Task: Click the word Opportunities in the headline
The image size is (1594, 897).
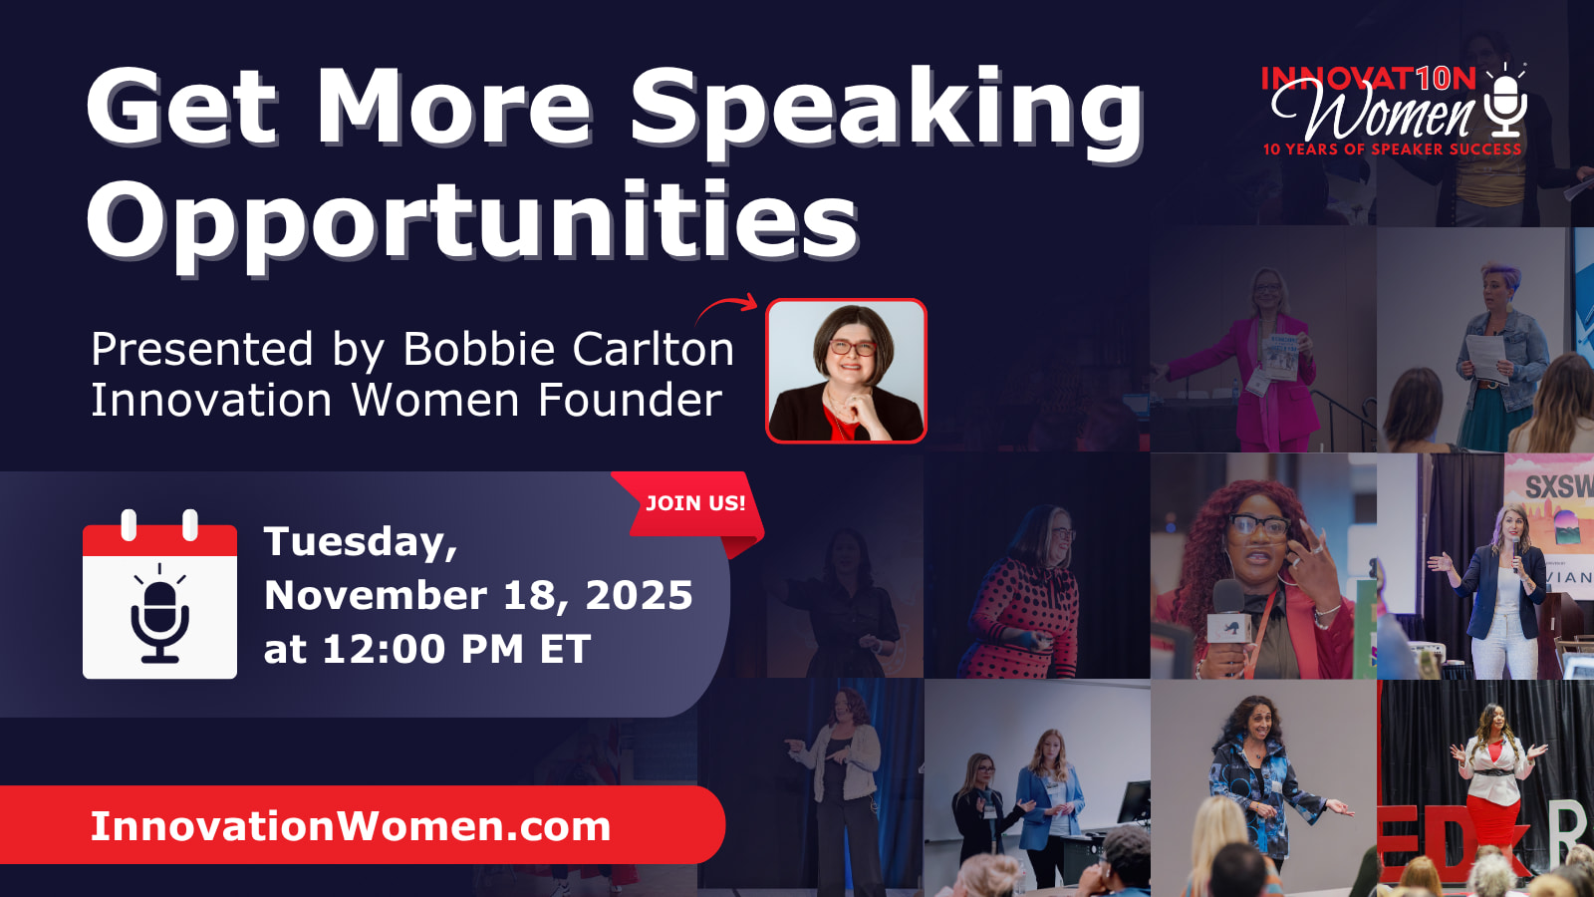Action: tap(472, 222)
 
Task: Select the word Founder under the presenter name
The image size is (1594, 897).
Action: tap(630, 400)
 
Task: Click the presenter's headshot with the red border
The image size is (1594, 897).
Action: tap(846, 370)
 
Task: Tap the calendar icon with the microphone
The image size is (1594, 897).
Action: tap(159, 595)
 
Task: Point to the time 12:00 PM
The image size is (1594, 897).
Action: tap(422, 649)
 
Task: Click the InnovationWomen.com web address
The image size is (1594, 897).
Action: tap(350, 826)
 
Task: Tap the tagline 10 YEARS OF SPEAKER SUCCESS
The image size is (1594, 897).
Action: tap(1392, 149)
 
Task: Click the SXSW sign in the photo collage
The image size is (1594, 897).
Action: tap(1557, 487)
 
